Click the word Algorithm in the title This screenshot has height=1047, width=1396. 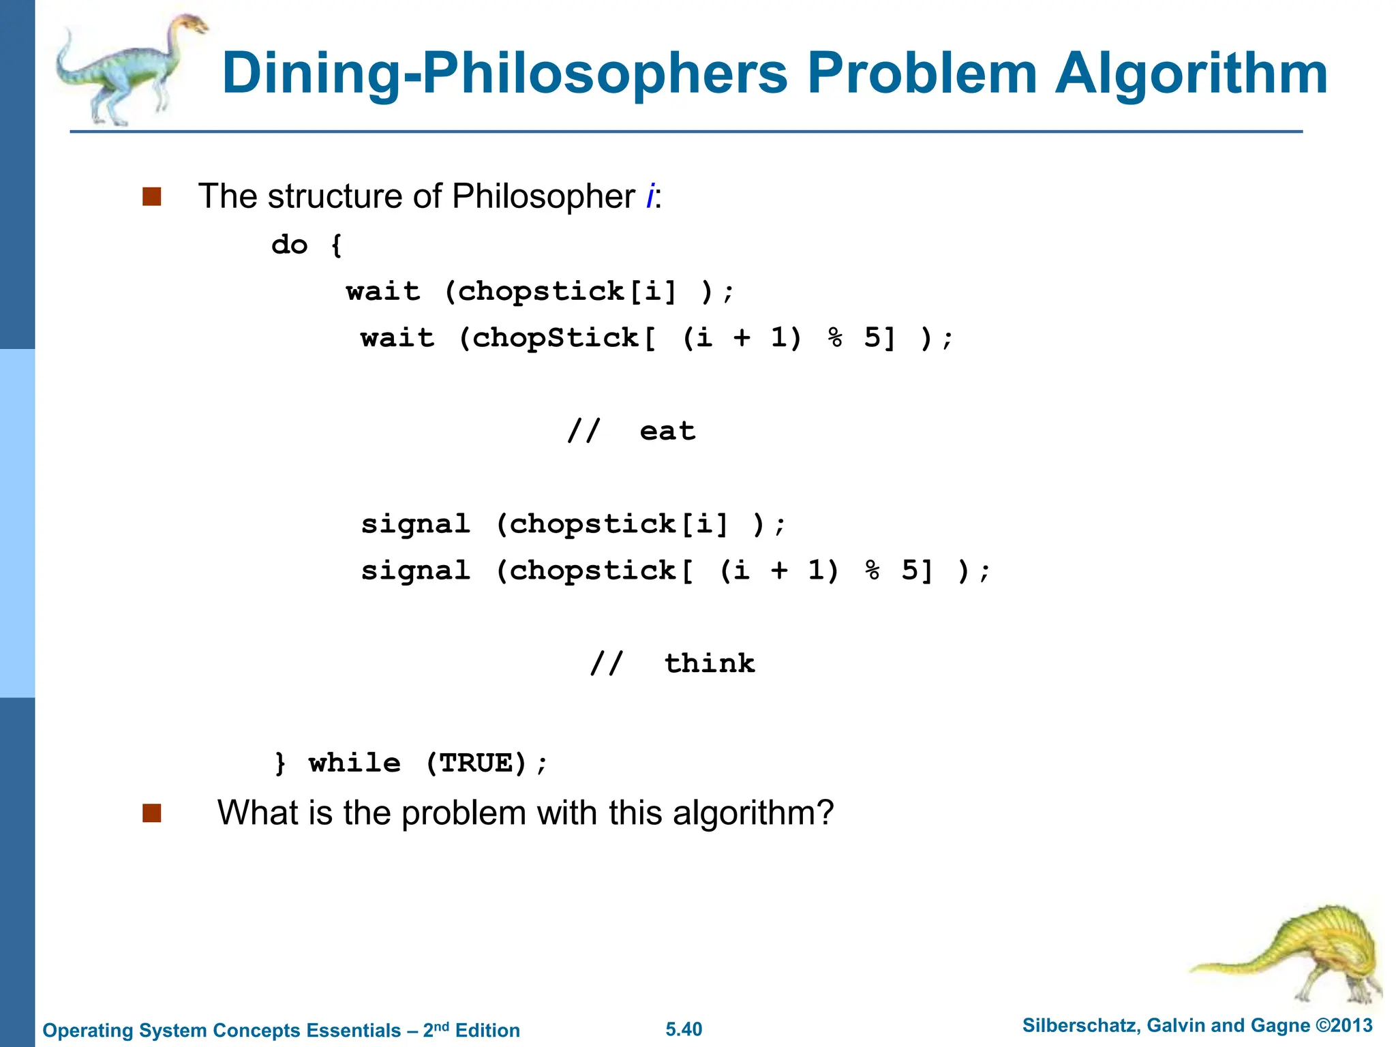pyautogui.click(x=1191, y=74)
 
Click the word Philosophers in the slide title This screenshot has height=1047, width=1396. pyautogui.click(x=604, y=74)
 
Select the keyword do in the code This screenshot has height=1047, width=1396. pyautogui.click(x=290, y=245)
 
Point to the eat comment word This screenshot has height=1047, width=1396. pyautogui.click(x=667, y=431)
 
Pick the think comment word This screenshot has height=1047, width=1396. pyautogui.click(x=710, y=663)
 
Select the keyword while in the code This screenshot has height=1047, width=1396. pyautogui.click(x=354, y=763)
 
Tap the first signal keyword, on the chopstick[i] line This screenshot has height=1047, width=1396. pyautogui.click(x=416, y=524)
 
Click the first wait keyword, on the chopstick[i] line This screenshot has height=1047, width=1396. pyautogui.click(x=383, y=292)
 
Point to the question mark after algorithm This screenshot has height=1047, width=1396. pyautogui.click(x=825, y=813)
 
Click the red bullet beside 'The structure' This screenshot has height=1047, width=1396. pyautogui.click(x=151, y=197)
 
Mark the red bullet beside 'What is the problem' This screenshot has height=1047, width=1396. pyautogui.click(x=151, y=813)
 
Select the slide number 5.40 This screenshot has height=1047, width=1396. pyautogui.click(x=684, y=1029)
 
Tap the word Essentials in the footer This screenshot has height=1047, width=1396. pyautogui.click(x=354, y=1031)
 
